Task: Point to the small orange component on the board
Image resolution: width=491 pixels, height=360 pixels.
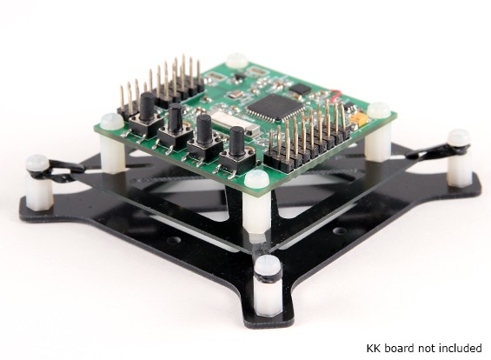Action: coord(356,116)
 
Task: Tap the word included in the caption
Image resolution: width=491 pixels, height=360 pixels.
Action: coord(455,348)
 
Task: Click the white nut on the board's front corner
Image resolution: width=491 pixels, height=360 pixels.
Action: coord(255,179)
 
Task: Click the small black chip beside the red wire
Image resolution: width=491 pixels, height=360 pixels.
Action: coord(297,90)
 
